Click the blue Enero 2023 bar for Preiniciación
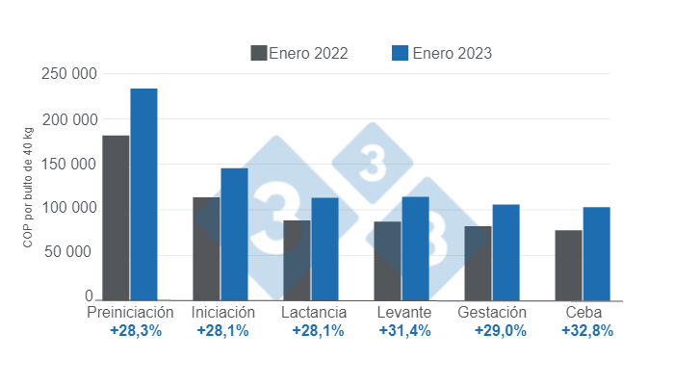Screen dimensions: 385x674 pyautogui.click(x=143, y=193)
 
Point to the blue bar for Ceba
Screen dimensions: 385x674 pyautogui.click(x=596, y=253)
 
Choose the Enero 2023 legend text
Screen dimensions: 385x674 pyautogui.click(x=452, y=53)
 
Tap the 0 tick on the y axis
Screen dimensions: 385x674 pyautogui.click(x=89, y=296)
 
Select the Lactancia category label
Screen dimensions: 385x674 pyautogui.click(x=314, y=313)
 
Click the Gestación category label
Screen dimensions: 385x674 pyautogui.click(x=492, y=313)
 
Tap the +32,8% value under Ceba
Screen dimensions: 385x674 pyautogui.click(x=586, y=331)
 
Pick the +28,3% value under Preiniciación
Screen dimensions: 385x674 pyautogui.click(x=136, y=331)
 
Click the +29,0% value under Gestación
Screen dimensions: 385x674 pyautogui.click(x=500, y=331)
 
